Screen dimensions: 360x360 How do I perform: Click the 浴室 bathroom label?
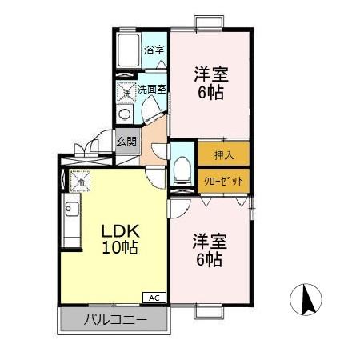pyautogui.click(x=154, y=50)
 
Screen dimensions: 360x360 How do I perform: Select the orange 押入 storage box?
pyautogui.click(x=223, y=154)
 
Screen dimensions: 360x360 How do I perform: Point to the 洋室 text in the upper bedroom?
pyautogui.click(x=212, y=74)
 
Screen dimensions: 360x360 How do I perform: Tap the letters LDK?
pyautogui.click(x=119, y=230)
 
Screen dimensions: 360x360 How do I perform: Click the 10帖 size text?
pyautogui.click(x=119, y=248)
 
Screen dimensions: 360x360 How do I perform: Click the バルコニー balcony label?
pyautogui.click(x=115, y=322)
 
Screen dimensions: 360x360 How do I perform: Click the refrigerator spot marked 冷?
pyautogui.click(x=80, y=182)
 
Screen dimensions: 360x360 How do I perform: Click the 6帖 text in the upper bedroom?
pyautogui.click(x=212, y=92)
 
